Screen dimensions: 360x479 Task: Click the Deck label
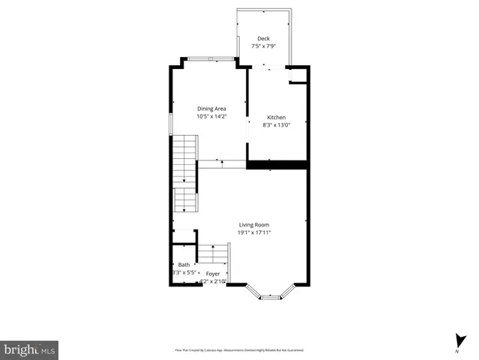(263, 38)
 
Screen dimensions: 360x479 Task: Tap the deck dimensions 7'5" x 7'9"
(263, 46)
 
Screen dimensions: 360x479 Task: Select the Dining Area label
(211, 109)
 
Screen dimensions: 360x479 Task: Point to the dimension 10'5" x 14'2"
(211, 116)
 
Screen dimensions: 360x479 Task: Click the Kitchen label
(277, 118)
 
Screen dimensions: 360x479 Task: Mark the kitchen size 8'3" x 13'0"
(277, 125)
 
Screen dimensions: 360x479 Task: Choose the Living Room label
(254, 225)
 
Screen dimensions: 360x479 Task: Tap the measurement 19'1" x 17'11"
(254, 232)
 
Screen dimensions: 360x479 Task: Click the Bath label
(184, 265)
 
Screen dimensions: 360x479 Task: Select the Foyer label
(213, 274)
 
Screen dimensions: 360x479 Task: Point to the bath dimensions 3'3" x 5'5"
(184, 273)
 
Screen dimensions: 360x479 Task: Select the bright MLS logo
(29, 349)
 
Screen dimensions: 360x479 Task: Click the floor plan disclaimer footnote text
(239, 350)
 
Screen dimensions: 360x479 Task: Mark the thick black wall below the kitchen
(277, 164)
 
